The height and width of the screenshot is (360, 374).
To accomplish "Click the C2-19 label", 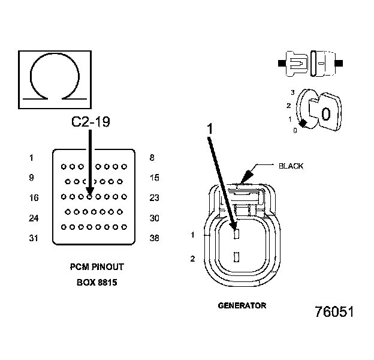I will tap(91, 122).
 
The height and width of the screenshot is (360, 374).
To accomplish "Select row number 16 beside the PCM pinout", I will tap(34, 197).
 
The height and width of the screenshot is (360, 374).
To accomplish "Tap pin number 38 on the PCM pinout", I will tap(154, 238).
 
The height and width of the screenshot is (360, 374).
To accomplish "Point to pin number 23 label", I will tap(154, 197).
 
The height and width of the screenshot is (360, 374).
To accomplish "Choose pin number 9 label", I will tap(31, 178).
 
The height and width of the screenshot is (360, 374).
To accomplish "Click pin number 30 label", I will tap(154, 218).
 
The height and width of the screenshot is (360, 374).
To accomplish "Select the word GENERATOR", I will tap(242, 305).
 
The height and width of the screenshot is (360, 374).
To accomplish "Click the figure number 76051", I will tap(334, 313).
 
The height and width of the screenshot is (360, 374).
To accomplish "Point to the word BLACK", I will tap(291, 166).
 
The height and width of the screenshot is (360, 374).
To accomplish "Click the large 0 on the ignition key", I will tap(325, 114).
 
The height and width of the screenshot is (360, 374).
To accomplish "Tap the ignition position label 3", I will tap(292, 92).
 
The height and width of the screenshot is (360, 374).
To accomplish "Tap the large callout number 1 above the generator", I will tap(210, 128).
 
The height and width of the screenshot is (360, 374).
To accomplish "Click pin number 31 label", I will tap(34, 238).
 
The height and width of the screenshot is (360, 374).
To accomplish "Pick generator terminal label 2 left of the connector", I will tap(192, 259).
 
